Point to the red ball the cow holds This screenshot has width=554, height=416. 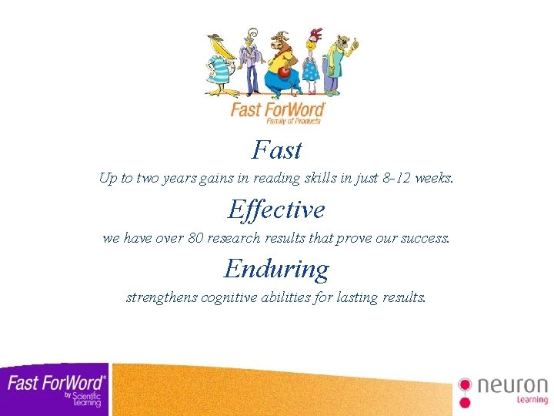coord(284,72)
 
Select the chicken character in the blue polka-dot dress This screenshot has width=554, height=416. coord(310,62)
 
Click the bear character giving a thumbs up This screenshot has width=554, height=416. coord(336,62)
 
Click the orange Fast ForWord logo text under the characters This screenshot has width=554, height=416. coord(278,109)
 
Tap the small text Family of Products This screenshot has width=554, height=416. coord(293,121)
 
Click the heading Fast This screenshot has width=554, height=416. coord(277,149)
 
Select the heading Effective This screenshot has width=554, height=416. coord(276,209)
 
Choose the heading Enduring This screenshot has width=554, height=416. coord(276,268)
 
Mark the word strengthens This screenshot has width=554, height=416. coord(162,297)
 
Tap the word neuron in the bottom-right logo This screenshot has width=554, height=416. coord(512,385)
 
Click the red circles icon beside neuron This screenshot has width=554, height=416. coord(465,391)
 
